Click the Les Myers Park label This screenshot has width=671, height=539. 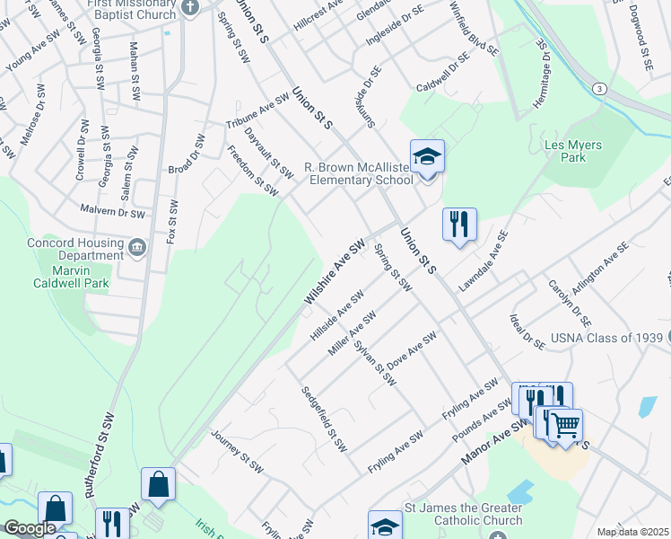tap(573, 151)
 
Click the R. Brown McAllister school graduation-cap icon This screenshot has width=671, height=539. tap(428, 156)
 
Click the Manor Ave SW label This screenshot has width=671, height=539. tap(493, 440)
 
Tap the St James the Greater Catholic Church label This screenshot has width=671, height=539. tap(464, 514)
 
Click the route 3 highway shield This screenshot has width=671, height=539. tap(597, 88)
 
